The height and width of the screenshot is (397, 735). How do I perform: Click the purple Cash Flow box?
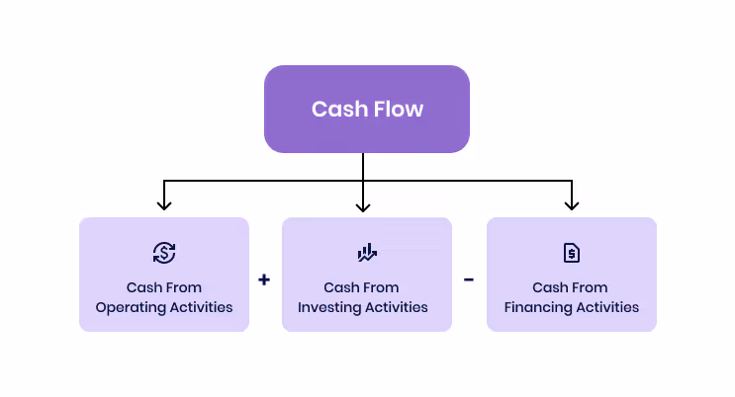point(366,109)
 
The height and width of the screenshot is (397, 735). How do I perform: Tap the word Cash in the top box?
point(333,109)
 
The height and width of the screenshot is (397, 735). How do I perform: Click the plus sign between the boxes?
point(264,279)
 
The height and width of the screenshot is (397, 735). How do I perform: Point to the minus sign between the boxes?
point(469,279)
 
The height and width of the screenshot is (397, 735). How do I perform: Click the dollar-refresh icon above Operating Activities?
point(164,253)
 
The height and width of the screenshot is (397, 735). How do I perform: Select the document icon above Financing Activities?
point(571,253)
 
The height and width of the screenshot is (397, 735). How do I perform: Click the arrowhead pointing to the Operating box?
point(164,203)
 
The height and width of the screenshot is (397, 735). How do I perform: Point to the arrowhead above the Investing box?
point(363,204)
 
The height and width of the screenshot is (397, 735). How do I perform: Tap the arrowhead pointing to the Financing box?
point(571,203)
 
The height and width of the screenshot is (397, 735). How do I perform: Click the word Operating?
point(130,307)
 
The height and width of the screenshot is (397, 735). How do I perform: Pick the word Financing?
point(538,307)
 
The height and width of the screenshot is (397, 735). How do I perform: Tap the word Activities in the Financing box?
point(607,307)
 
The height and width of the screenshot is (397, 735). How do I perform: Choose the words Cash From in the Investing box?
point(362,287)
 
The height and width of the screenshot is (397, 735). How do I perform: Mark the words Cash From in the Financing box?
point(571,287)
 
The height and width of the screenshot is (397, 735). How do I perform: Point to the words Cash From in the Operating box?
point(164,287)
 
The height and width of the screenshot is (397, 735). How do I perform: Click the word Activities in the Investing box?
point(399,307)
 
